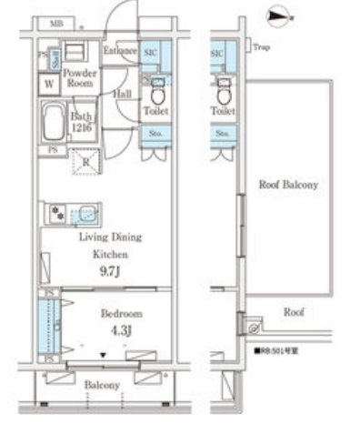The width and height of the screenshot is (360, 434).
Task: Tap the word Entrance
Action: click(119, 50)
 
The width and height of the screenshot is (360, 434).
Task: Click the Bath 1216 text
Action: click(83, 120)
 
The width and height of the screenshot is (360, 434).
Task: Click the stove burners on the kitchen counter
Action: click(57, 215)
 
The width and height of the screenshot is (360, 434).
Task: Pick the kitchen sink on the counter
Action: click(85, 215)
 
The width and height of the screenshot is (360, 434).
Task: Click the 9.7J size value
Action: click(109, 270)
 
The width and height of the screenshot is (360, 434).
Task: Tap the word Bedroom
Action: click(121, 313)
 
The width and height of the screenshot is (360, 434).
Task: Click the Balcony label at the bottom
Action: click(102, 385)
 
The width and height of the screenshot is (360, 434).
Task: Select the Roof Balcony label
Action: click(288, 185)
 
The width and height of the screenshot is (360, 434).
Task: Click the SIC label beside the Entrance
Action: click(152, 55)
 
